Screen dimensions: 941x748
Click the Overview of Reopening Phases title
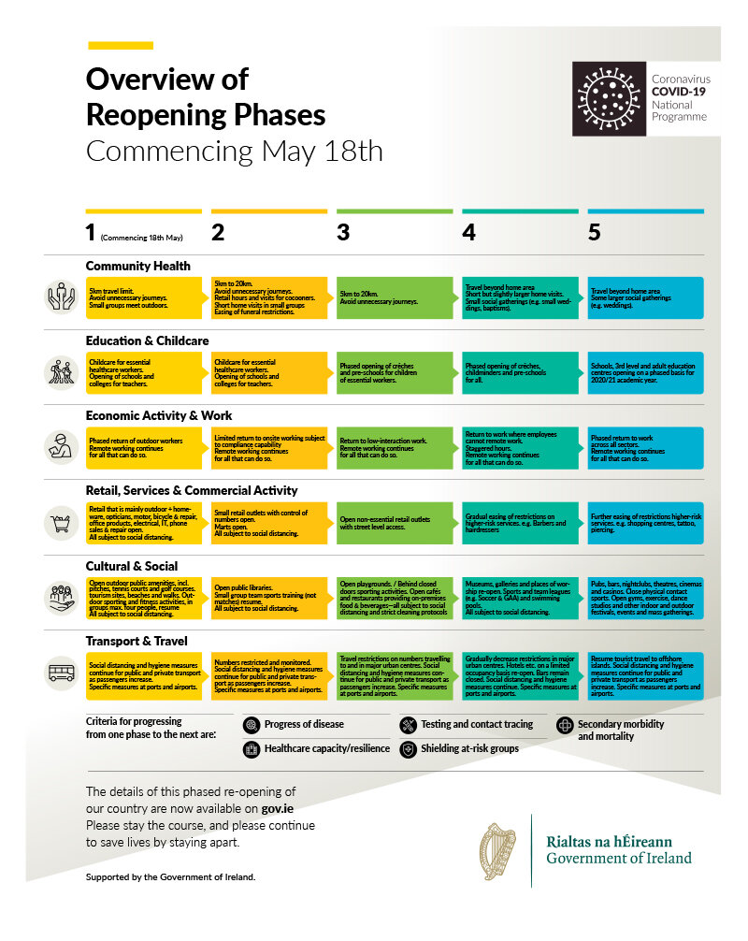click(206, 97)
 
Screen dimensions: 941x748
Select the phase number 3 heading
click(343, 233)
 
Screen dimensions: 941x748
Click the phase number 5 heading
click(595, 233)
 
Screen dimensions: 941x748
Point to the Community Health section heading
click(138, 266)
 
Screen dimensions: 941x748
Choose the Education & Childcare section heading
click(147, 340)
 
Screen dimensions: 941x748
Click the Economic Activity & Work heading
click(158, 415)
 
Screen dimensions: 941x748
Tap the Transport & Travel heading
click(137, 641)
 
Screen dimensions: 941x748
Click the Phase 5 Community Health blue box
click(645, 296)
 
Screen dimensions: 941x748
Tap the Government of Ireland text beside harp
click(619, 859)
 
